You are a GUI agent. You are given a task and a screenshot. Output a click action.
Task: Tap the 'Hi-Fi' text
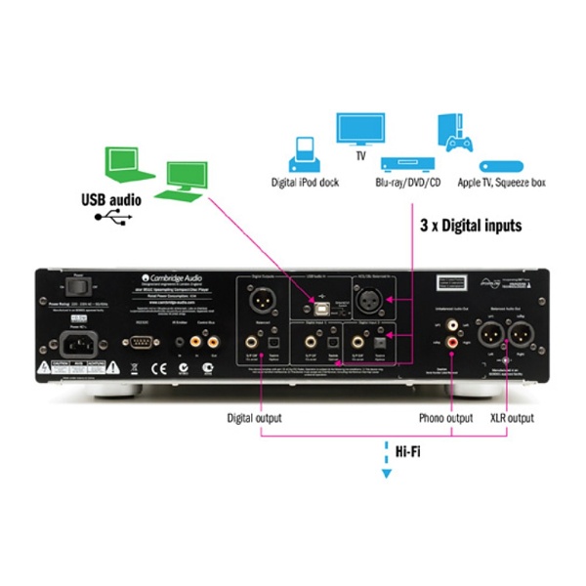[397, 451]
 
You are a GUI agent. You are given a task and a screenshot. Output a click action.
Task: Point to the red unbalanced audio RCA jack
[450, 342]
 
